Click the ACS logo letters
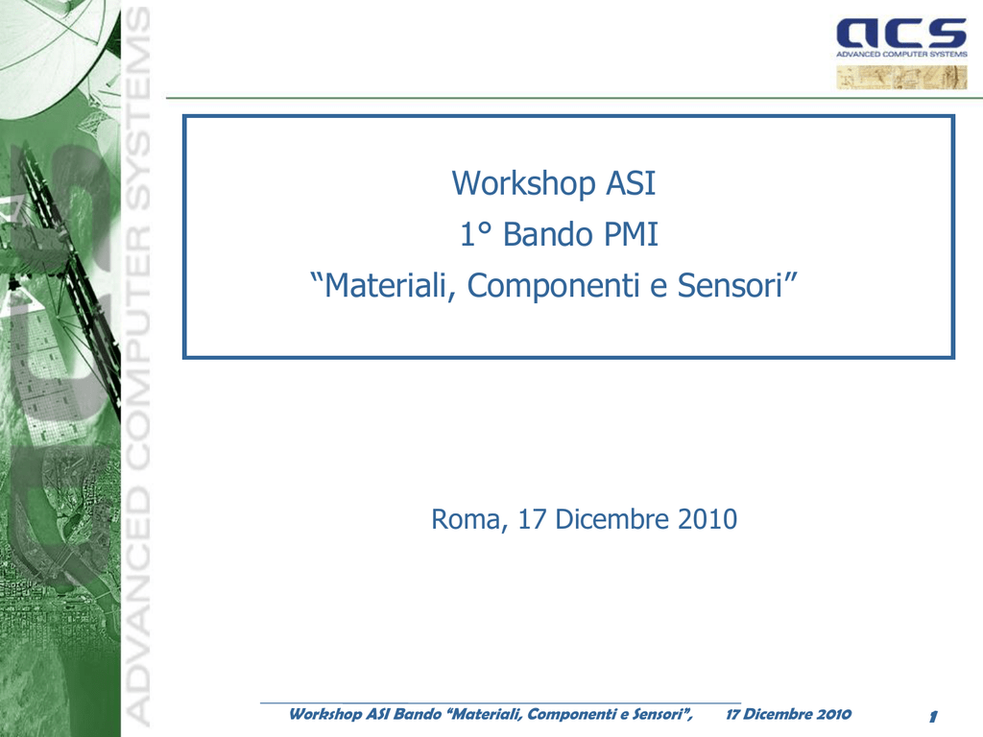[x=901, y=34]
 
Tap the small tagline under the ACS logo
[x=901, y=55]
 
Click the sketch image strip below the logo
[x=901, y=78]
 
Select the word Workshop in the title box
[x=523, y=183]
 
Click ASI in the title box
[x=631, y=183]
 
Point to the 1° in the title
[x=476, y=234]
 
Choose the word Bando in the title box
[x=548, y=234]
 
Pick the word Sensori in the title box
[x=731, y=285]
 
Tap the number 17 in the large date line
[x=532, y=519]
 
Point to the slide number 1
[x=933, y=716]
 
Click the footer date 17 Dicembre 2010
[x=789, y=714]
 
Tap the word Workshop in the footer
[x=325, y=714]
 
